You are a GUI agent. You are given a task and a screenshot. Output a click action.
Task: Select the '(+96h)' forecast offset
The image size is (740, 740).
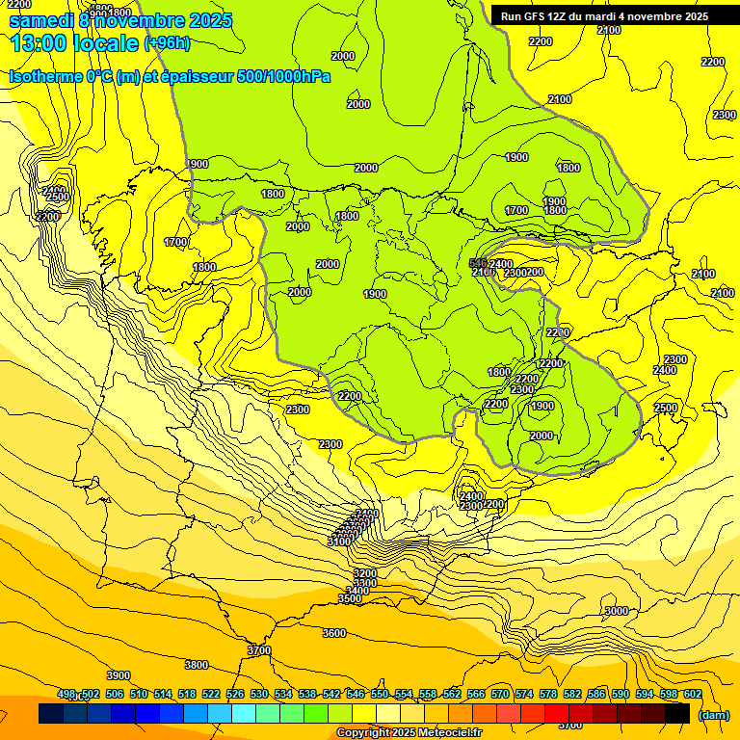click(167, 43)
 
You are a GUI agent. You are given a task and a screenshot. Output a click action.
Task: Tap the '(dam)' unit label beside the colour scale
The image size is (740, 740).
click(713, 714)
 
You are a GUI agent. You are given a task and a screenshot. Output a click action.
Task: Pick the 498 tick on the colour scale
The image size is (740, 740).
click(66, 694)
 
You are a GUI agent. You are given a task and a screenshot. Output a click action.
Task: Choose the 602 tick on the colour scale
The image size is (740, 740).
click(692, 694)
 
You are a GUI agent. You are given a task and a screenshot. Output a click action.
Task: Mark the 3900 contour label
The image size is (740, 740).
click(119, 675)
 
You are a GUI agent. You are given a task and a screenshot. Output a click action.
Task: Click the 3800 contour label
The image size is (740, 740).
click(197, 665)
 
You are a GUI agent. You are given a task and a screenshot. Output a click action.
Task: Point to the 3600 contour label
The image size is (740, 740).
click(334, 633)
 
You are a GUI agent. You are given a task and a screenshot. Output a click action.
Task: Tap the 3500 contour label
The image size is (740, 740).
click(350, 598)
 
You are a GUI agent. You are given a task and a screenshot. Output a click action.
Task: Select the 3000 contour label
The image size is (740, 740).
click(616, 611)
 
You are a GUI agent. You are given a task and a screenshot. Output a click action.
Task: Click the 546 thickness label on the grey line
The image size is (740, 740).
click(477, 263)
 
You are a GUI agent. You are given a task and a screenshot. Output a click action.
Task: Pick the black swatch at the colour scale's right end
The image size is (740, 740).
click(677, 714)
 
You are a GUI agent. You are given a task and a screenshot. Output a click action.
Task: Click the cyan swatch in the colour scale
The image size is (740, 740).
click(244, 714)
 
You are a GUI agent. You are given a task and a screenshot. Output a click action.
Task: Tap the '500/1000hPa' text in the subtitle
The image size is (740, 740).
click(283, 77)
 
